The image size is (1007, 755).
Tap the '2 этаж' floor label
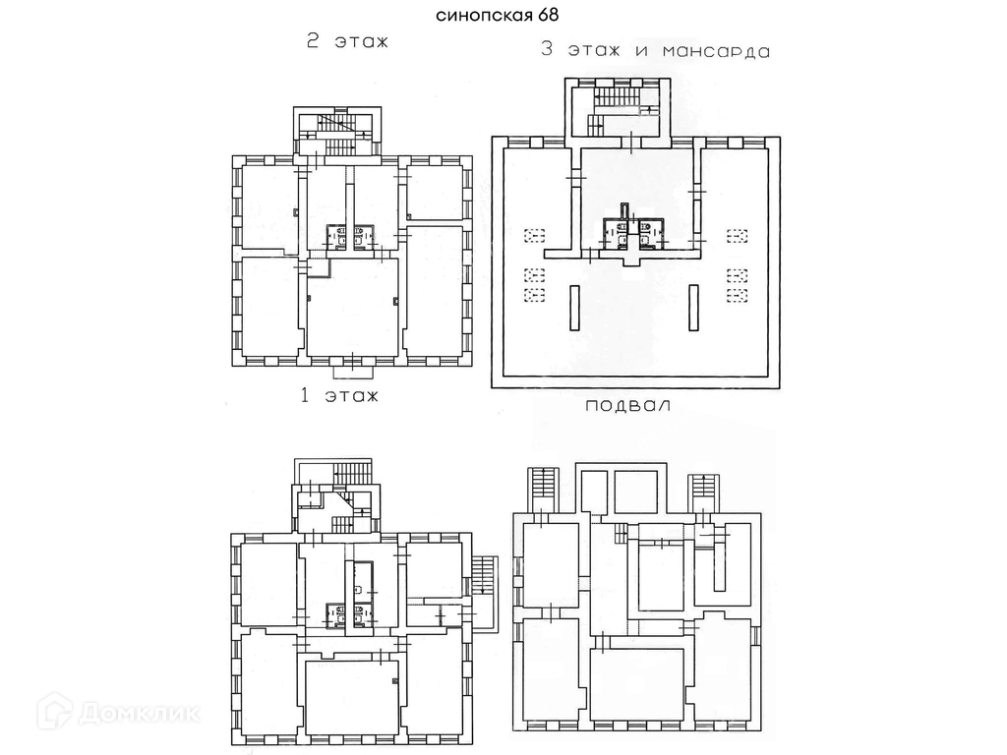pyautogui.click(x=348, y=42)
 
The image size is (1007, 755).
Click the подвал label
pyautogui.click(x=627, y=405)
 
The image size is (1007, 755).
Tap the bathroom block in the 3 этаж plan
pyautogui.click(x=631, y=231)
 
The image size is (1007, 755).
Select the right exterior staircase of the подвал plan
pyautogui.click(x=703, y=489)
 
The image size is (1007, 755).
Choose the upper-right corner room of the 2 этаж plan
pyautogui.click(x=435, y=191)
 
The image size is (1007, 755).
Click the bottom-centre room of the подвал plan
pyautogui.click(x=637, y=686)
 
